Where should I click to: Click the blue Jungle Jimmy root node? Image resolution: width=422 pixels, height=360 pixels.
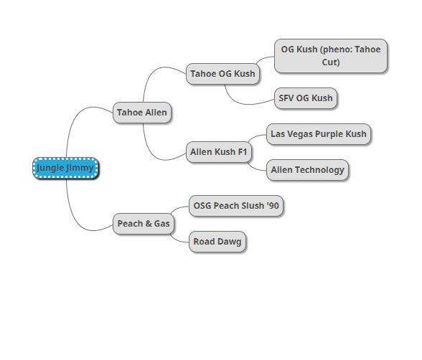(x=66, y=168)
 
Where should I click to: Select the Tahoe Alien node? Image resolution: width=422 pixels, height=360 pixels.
(x=142, y=113)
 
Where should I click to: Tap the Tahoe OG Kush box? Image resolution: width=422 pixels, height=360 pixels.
(x=222, y=74)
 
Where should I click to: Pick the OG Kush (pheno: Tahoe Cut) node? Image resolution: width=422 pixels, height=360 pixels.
(x=331, y=56)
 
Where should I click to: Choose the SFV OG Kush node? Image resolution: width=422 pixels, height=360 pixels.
(x=306, y=98)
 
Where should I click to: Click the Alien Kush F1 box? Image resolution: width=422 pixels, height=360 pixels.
(x=218, y=152)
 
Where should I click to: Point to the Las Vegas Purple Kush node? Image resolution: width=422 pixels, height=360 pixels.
(x=319, y=134)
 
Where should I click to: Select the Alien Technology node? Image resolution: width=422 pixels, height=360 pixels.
(x=307, y=170)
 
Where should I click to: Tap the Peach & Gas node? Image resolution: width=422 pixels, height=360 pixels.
(x=144, y=224)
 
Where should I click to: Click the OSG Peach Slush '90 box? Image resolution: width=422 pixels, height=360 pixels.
(x=236, y=206)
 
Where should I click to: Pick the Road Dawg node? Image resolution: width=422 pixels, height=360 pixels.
(x=217, y=242)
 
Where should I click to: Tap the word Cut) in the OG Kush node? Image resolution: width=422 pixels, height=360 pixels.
(x=331, y=62)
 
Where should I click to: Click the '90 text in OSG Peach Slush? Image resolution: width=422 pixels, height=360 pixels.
(x=273, y=206)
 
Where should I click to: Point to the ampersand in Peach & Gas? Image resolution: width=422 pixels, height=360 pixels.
(x=149, y=224)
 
